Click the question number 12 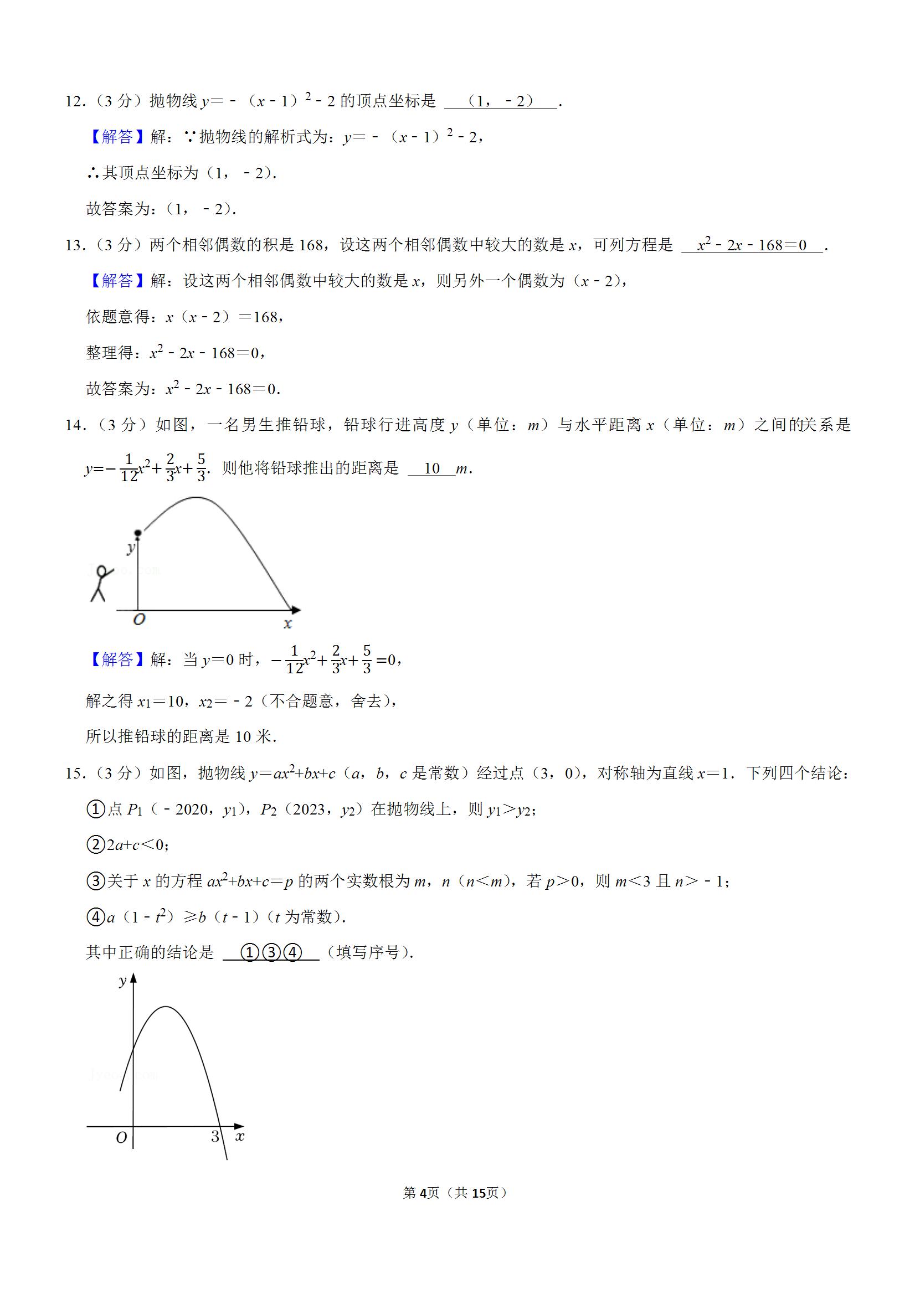pyautogui.click(x=74, y=101)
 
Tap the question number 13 pyautogui.click(x=74, y=245)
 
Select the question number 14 pyautogui.click(x=74, y=425)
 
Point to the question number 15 pyautogui.click(x=74, y=773)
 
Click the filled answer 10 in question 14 pyautogui.click(x=431, y=468)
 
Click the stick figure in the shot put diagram pyautogui.click(x=100, y=583)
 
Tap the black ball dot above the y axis pyautogui.click(x=137, y=533)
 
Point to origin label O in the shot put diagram pyautogui.click(x=138, y=620)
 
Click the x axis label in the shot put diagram pyautogui.click(x=287, y=623)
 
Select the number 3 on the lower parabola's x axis pyautogui.click(x=215, y=1137)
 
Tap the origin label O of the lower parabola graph pyautogui.click(x=121, y=1138)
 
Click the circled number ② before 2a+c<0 pyautogui.click(x=96, y=845)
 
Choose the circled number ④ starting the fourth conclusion pyautogui.click(x=96, y=917)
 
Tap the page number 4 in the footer pyautogui.click(x=423, y=1193)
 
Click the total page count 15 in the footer pyautogui.click(x=479, y=1193)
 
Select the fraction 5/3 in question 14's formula pyautogui.click(x=201, y=468)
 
